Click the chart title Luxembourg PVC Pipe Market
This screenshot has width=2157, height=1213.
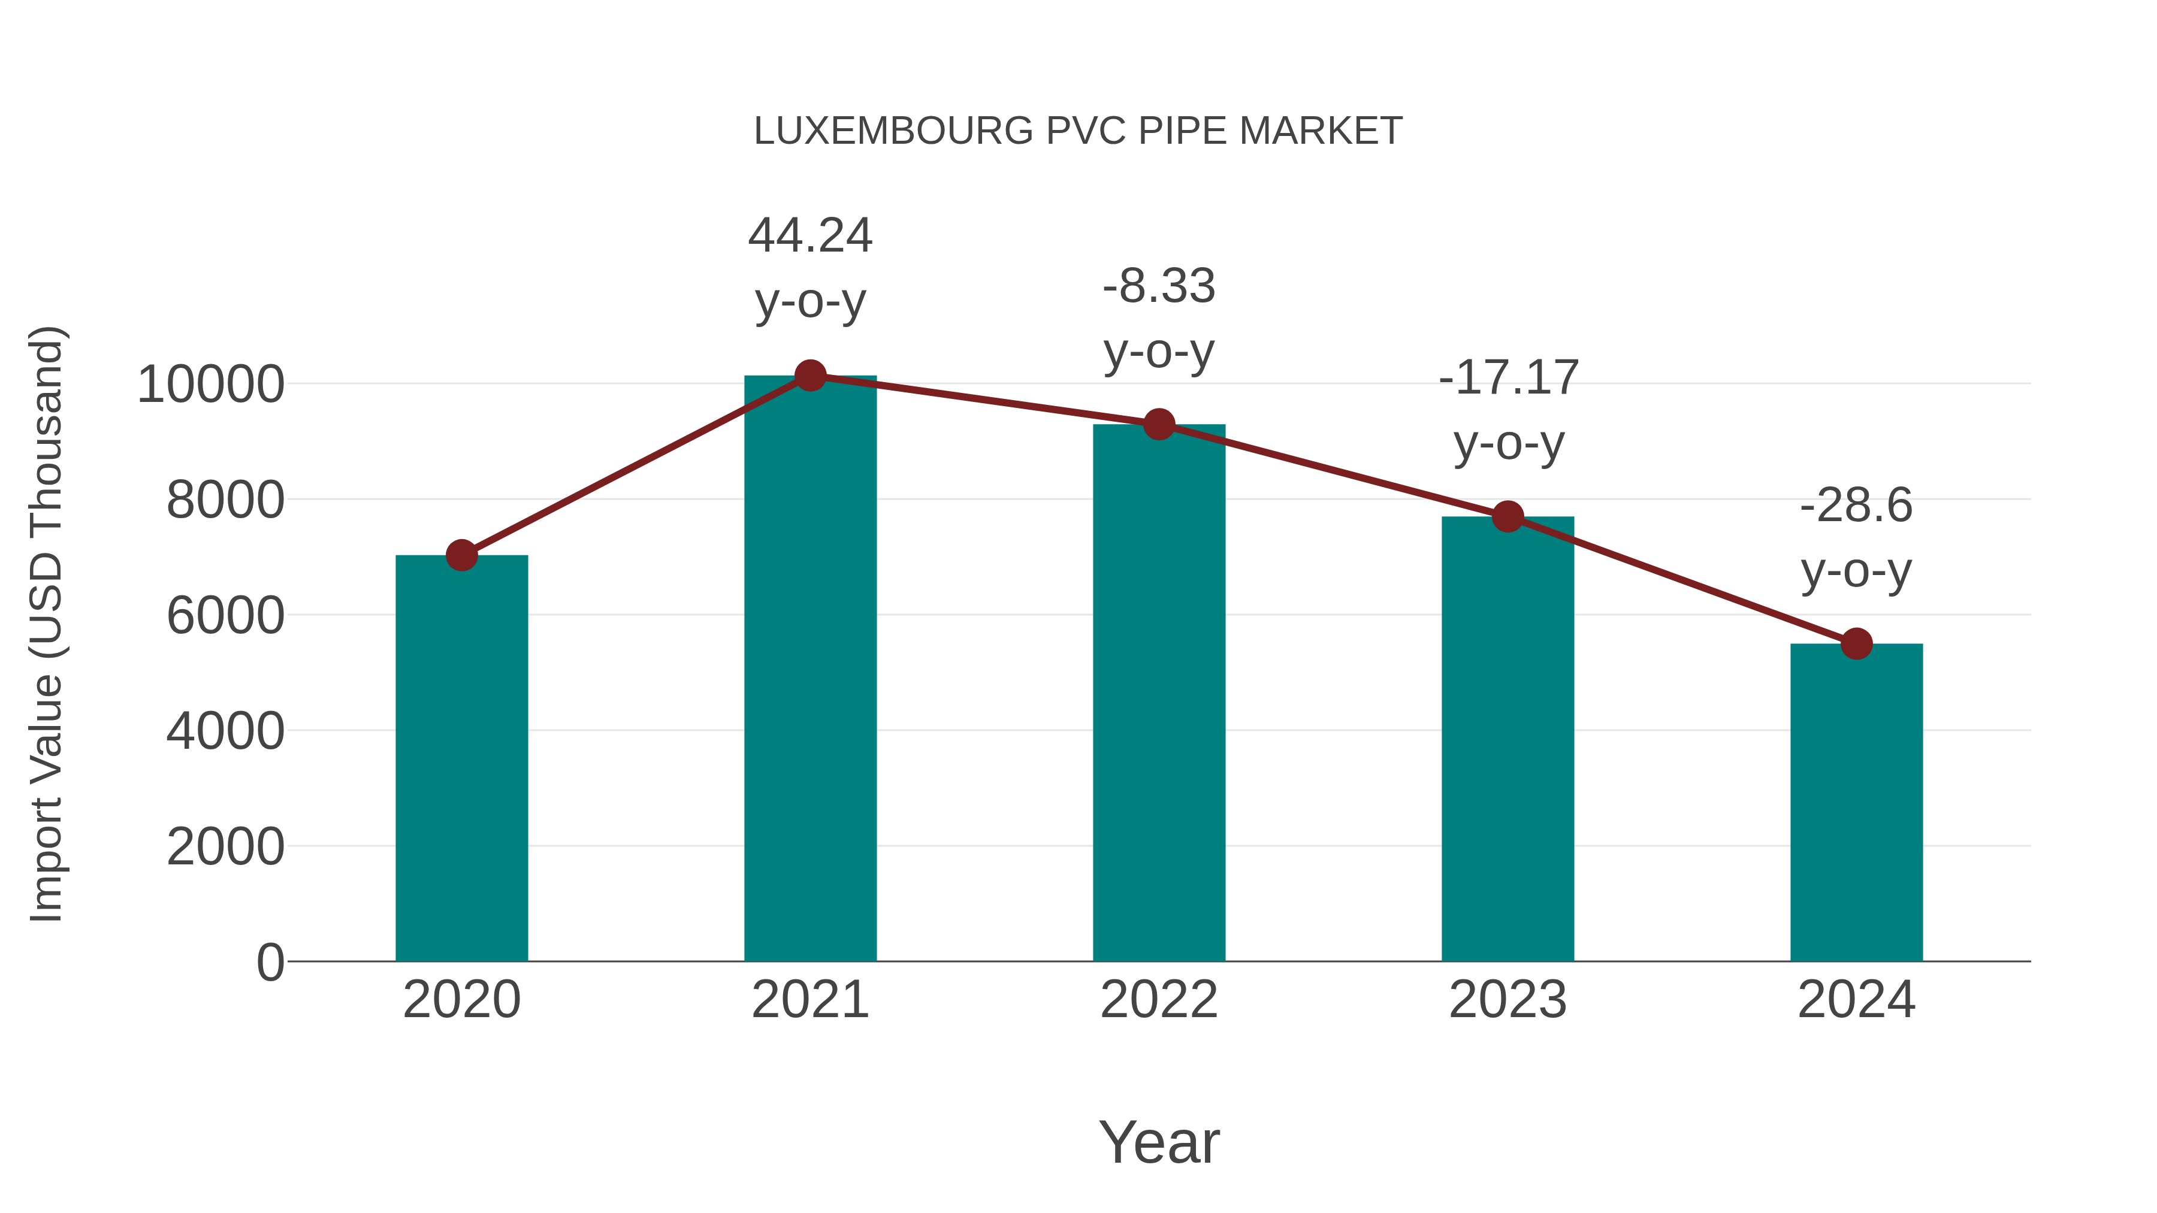pyautogui.click(x=1078, y=131)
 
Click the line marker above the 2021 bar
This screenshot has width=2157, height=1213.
pyautogui.click(x=809, y=376)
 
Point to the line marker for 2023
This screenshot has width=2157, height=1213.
pyautogui.click(x=1508, y=516)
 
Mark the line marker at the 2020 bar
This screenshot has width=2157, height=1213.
pyautogui.click(x=461, y=555)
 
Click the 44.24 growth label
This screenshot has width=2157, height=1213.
pyautogui.click(x=809, y=235)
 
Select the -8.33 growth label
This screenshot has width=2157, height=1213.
pyautogui.click(x=1159, y=286)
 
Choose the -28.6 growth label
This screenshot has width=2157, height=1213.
pyautogui.click(x=1856, y=506)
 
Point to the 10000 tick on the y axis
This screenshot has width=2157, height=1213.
pyautogui.click(x=210, y=385)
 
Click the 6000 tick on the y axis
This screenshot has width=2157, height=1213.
pyautogui.click(x=225, y=616)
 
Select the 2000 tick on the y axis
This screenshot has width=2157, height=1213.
pyautogui.click(x=225, y=847)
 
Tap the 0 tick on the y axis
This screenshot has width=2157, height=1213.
pyautogui.click(x=270, y=963)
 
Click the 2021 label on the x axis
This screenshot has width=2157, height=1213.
pyautogui.click(x=809, y=1000)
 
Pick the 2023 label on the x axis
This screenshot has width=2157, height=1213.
pyautogui.click(x=1508, y=1000)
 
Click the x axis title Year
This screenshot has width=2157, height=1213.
pyautogui.click(x=1159, y=1142)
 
